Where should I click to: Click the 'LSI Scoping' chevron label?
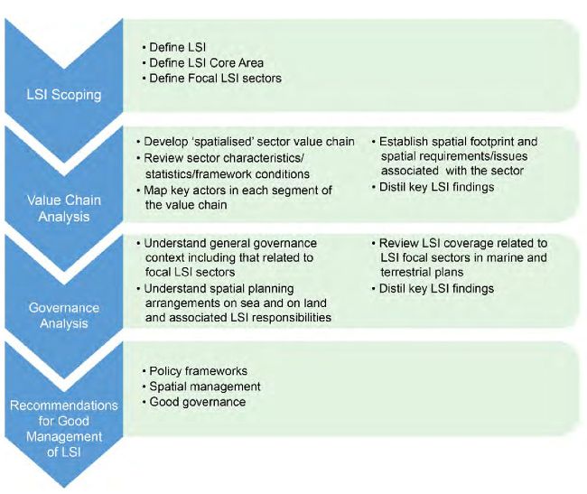pyautogui.click(x=64, y=95)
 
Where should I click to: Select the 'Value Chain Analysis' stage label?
pyautogui.click(x=64, y=208)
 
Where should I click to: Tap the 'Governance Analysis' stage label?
pyautogui.click(x=64, y=315)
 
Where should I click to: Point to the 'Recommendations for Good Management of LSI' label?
pyautogui.click(x=64, y=428)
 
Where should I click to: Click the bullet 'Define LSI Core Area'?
pyautogui.click(x=206, y=63)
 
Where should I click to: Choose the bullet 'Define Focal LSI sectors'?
pyautogui.click(x=215, y=79)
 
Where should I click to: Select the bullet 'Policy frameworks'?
pyautogui.click(x=198, y=371)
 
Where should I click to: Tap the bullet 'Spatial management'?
pyautogui.click(x=205, y=387)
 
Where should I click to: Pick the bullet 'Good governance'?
pyautogui.click(x=197, y=402)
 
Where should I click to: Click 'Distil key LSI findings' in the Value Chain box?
pyautogui.click(x=436, y=187)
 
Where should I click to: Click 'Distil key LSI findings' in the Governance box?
pyautogui.click(x=436, y=288)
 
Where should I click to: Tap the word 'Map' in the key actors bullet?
pyautogui.click(x=155, y=191)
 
